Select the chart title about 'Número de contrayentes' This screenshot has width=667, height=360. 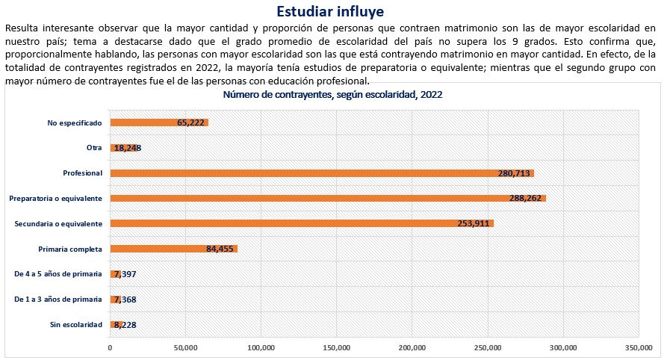[x=333, y=95]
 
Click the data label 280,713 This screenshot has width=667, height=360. [x=514, y=173]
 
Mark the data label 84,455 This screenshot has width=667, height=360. [x=221, y=249]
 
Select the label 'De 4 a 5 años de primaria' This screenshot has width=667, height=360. [x=59, y=274]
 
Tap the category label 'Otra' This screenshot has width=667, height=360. [x=94, y=148]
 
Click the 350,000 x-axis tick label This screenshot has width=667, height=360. [x=638, y=347]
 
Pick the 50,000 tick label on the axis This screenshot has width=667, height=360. [x=185, y=347]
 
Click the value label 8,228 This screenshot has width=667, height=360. [x=124, y=325]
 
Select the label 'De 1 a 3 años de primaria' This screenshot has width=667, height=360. [x=59, y=300]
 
